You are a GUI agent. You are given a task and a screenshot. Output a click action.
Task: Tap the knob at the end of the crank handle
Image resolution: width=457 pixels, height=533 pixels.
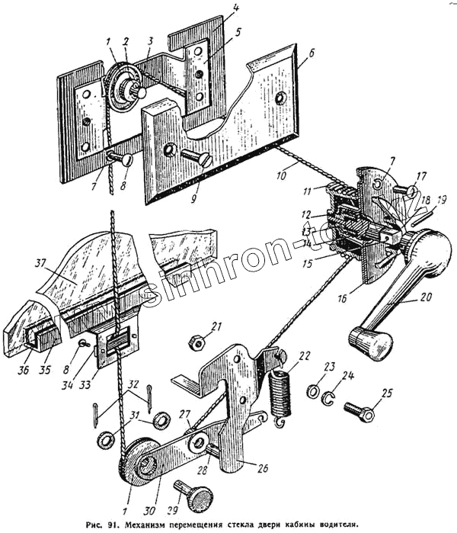coord(369,344)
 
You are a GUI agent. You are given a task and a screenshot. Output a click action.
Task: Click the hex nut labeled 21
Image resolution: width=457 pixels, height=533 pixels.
coord(196,342)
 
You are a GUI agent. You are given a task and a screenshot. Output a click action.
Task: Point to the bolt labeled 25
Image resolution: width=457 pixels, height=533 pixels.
coord(360,411)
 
